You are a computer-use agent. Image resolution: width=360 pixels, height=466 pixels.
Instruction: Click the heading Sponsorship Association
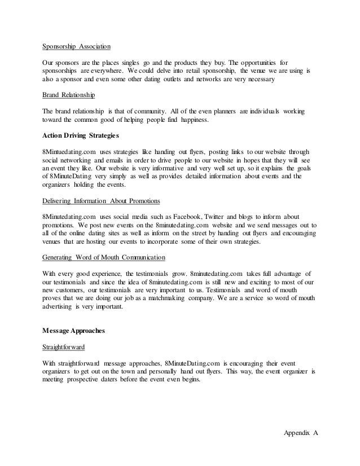click(x=77, y=47)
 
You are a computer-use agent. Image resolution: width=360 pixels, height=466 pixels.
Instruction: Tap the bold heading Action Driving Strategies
click(x=80, y=136)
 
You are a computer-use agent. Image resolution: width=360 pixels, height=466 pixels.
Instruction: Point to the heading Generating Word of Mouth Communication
click(x=104, y=257)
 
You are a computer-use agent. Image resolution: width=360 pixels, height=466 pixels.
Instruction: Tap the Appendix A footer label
click(x=300, y=433)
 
